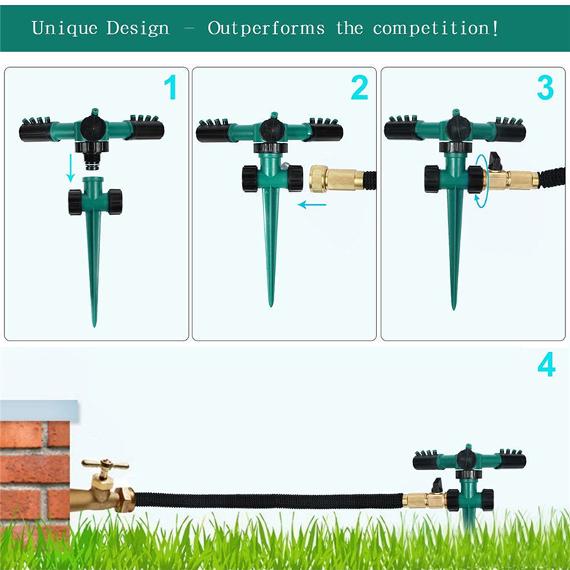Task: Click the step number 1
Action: [x=170, y=88]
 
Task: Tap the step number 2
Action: [x=359, y=88]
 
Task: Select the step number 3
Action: [x=545, y=88]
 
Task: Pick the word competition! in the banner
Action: [x=436, y=29]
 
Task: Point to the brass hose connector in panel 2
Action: [x=328, y=178]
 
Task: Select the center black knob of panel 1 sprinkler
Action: [x=92, y=128]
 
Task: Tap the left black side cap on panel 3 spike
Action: [x=432, y=179]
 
